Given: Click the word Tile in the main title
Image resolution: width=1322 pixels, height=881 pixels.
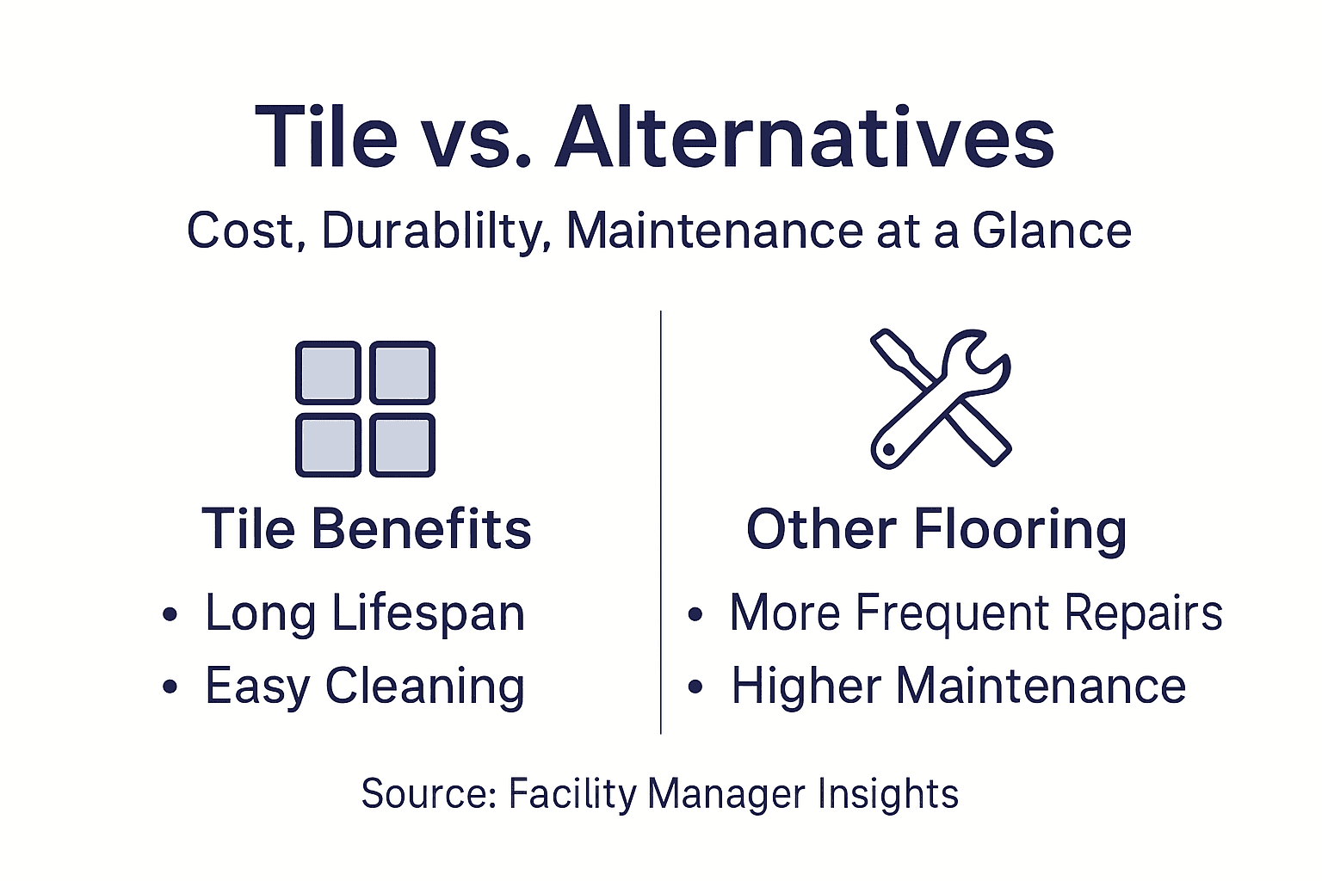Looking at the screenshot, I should [x=326, y=138].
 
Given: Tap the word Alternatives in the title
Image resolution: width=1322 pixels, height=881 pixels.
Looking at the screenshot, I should [x=805, y=138].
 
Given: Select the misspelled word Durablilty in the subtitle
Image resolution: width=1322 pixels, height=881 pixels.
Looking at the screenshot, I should [x=436, y=231].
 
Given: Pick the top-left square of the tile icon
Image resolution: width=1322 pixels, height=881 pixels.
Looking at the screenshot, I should [x=328, y=373].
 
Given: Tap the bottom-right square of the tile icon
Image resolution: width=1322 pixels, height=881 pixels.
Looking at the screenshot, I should [x=402, y=445].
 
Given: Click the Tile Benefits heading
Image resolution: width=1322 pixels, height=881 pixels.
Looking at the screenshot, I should [x=367, y=528].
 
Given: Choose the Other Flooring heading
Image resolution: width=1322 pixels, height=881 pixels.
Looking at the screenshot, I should [x=936, y=528].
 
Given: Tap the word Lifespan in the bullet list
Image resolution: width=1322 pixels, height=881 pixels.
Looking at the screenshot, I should [x=428, y=613].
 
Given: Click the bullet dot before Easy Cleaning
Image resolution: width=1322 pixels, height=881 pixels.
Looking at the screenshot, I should [x=170, y=687].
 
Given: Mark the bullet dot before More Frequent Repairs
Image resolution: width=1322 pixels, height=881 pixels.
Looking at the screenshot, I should [x=695, y=614].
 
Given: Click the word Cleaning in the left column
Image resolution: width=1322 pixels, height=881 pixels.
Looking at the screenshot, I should [x=425, y=687].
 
